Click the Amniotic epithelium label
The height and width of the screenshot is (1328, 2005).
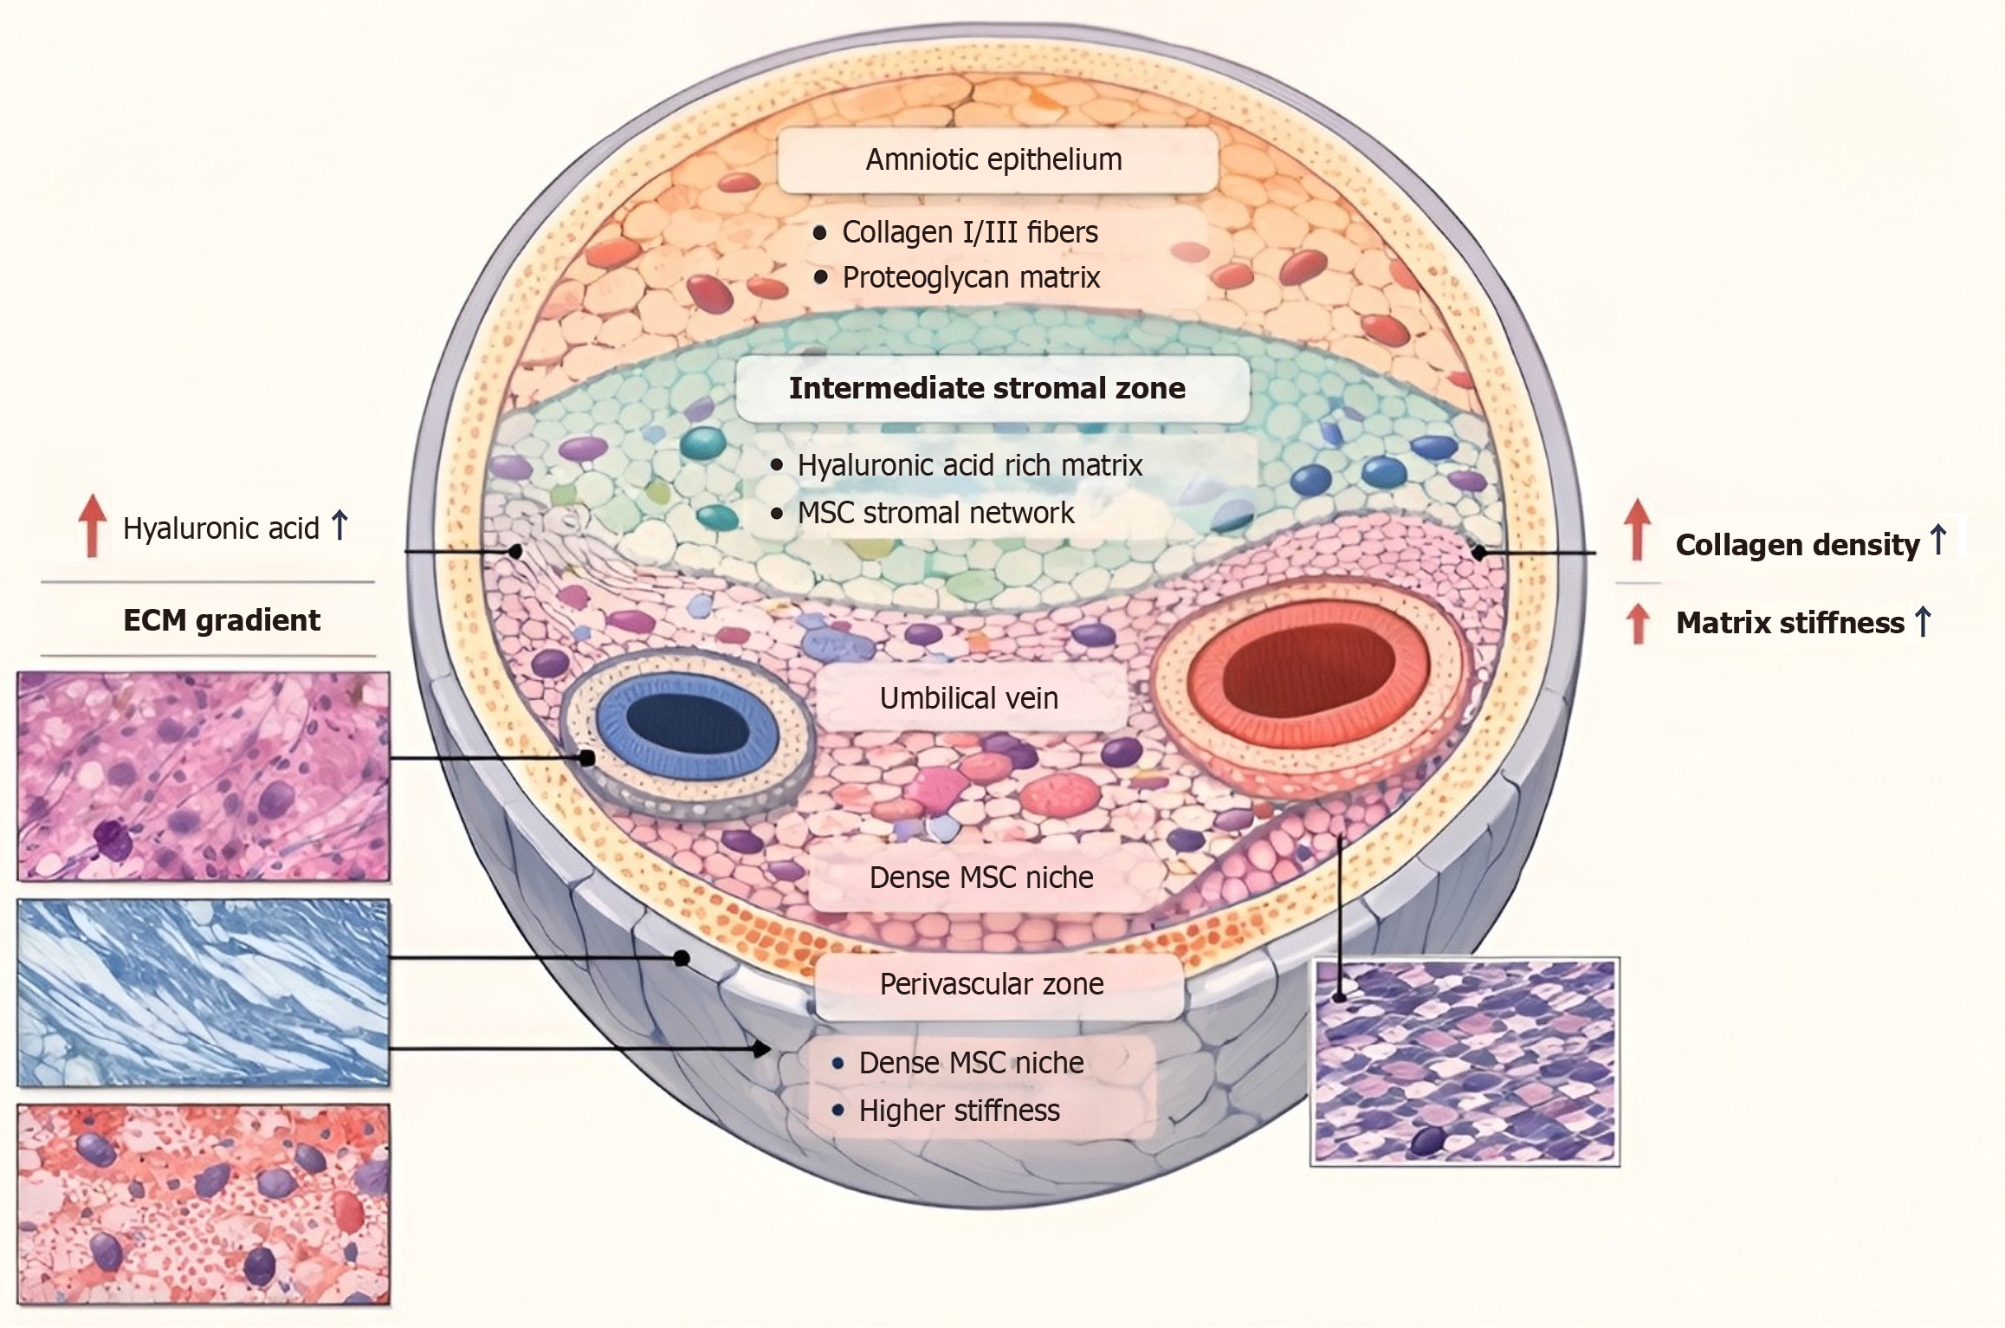[994, 160]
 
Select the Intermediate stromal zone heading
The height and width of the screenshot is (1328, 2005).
[987, 388]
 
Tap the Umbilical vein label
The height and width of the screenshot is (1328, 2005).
[969, 698]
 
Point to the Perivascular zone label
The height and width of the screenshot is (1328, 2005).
[992, 984]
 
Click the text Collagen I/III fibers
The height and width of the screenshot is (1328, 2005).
[969, 232]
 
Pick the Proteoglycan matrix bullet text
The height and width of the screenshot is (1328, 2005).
[971, 277]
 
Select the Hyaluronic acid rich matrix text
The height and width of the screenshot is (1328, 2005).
[969, 465]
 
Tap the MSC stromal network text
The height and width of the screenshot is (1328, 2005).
[935, 513]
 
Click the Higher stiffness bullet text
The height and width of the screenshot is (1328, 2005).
[959, 1111]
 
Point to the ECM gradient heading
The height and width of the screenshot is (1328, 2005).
[222, 620]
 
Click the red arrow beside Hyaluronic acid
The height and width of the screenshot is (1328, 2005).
[92, 525]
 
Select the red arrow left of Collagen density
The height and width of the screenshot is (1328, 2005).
[1636, 529]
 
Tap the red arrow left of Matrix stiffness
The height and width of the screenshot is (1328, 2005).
[1637, 624]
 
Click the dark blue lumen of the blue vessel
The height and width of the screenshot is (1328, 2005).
[687, 723]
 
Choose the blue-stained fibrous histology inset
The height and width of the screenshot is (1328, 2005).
[204, 993]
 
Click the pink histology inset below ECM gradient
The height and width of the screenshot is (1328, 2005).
[204, 777]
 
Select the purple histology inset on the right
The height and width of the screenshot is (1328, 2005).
[1465, 1062]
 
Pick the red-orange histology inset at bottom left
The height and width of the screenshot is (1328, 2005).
[204, 1204]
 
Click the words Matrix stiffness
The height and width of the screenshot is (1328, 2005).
[1789, 623]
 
